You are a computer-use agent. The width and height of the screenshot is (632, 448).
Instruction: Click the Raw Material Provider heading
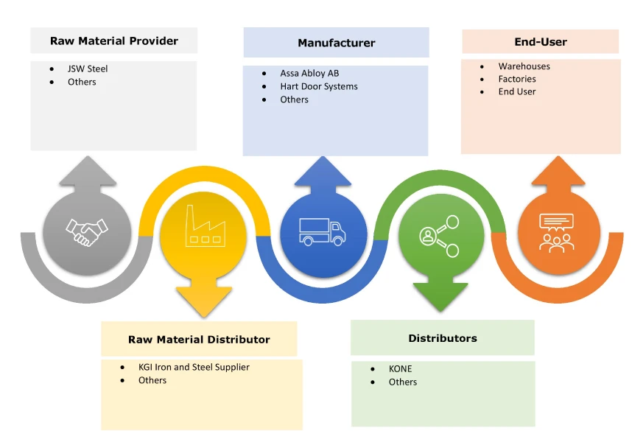click(x=113, y=41)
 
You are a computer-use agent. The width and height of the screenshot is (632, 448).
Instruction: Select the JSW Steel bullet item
click(x=88, y=69)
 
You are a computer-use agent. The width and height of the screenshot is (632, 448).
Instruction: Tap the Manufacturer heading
click(x=336, y=43)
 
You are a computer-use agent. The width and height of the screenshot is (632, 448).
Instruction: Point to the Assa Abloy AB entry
click(x=309, y=74)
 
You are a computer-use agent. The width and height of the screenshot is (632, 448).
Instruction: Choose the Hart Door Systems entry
click(x=318, y=86)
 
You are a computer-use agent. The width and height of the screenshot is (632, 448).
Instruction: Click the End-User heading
click(x=540, y=42)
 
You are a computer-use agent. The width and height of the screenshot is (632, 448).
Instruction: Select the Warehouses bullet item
click(x=524, y=66)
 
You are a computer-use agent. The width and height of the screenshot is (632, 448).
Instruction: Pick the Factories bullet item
click(x=517, y=79)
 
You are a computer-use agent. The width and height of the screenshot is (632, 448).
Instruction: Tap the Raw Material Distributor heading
click(x=199, y=340)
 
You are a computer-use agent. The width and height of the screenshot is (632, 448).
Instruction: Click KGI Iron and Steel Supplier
click(x=194, y=367)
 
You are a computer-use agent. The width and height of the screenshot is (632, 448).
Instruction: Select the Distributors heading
click(x=443, y=338)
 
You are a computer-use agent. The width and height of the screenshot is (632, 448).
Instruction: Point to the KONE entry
click(x=401, y=369)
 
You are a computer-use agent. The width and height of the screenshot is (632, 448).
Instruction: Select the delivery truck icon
click(x=322, y=231)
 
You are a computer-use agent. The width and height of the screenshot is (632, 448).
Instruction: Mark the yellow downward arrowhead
click(x=204, y=303)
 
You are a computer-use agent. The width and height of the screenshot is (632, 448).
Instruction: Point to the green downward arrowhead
click(x=440, y=298)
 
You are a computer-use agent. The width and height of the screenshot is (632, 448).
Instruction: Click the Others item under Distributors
click(x=403, y=382)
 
